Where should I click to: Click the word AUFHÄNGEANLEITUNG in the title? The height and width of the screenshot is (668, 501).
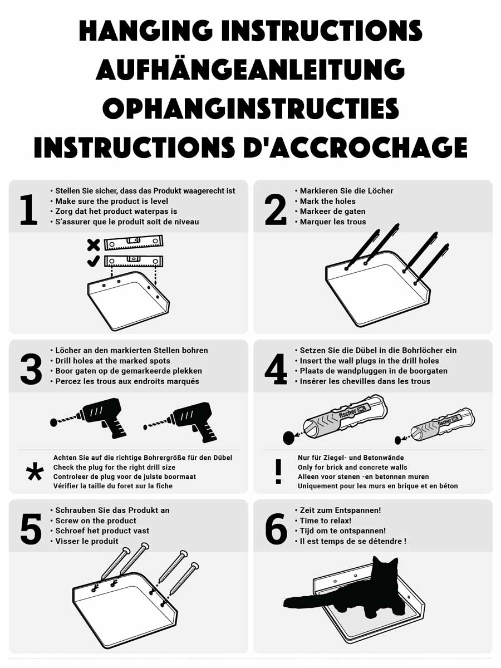pyautogui.click(x=250, y=69)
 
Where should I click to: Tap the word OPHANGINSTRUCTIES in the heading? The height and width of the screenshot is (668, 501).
pyautogui.click(x=250, y=108)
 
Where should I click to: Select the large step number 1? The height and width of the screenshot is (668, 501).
pyautogui.click(x=29, y=210)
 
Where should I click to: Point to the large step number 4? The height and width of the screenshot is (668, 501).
pyautogui.click(x=276, y=369)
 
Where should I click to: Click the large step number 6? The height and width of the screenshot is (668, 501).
pyautogui.click(x=276, y=529)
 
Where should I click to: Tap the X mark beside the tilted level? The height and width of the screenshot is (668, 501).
pyautogui.click(x=93, y=245)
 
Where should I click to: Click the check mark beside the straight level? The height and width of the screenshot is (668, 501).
pyautogui.click(x=93, y=261)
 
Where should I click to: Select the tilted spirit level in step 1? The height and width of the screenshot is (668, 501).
pyautogui.click(x=134, y=243)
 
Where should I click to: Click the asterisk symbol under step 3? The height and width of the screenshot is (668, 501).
pyautogui.click(x=35, y=471)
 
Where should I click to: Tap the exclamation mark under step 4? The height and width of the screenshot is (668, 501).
pyautogui.click(x=278, y=471)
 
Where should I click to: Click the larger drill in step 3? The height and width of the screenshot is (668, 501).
pyautogui.click(x=89, y=418)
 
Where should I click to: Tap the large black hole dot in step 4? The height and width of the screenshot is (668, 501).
pyautogui.click(x=289, y=438)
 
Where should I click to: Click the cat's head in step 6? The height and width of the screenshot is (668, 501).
pyautogui.click(x=385, y=569)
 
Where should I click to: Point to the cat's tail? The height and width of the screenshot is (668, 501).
pyautogui.click(x=307, y=602)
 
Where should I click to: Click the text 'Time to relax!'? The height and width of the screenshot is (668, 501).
pyautogui.click(x=326, y=520)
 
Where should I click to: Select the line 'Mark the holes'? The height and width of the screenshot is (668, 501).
pyautogui.click(x=328, y=201)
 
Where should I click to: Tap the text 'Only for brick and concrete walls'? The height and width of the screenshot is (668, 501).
pyautogui.click(x=352, y=467)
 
